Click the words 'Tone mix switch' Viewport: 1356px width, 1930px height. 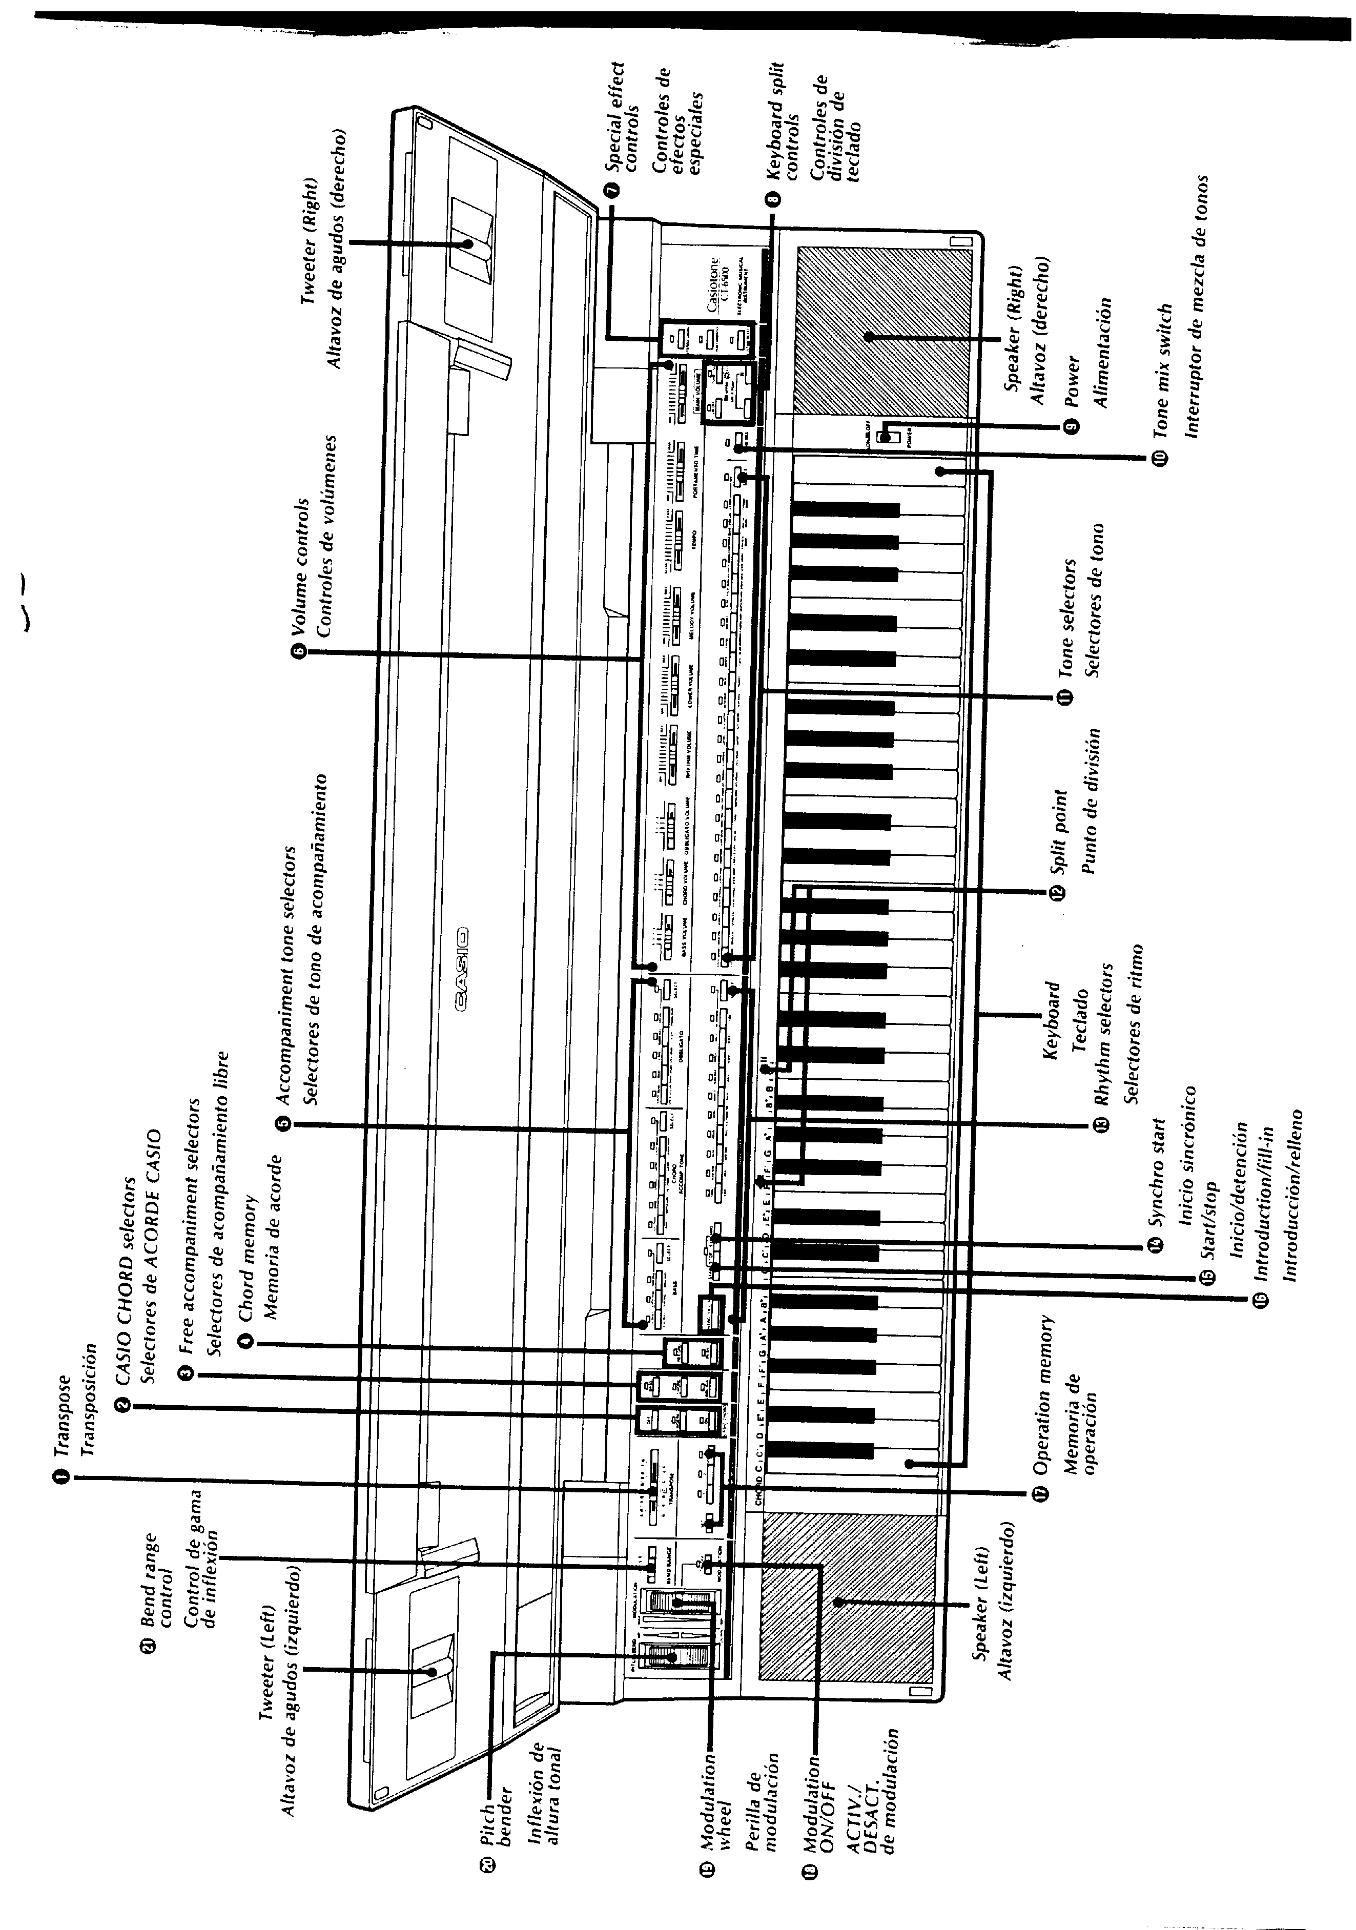tap(1160, 370)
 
